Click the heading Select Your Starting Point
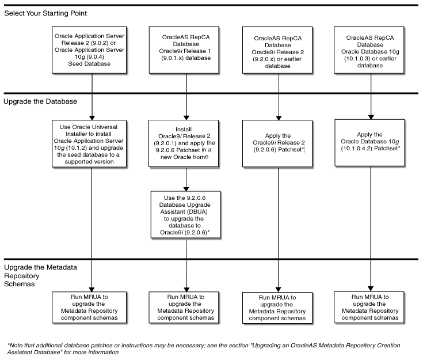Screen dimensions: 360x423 click(47, 13)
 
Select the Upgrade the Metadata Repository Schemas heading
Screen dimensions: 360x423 click(40, 276)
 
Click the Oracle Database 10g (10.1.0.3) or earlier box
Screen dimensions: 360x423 click(370, 51)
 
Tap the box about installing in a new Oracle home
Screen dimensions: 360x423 click(185, 142)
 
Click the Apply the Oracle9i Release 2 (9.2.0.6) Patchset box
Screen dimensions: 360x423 click(279, 142)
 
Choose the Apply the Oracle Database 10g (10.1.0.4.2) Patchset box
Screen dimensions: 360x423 click(370, 142)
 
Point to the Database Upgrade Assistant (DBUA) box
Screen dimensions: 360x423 click(185, 214)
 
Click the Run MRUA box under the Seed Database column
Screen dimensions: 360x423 click(92, 306)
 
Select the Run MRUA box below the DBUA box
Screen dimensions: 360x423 click(185, 306)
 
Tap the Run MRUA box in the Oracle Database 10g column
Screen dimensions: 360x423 click(370, 306)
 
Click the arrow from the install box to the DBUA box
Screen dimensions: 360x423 click(185, 179)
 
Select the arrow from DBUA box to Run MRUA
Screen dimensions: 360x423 click(185, 265)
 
